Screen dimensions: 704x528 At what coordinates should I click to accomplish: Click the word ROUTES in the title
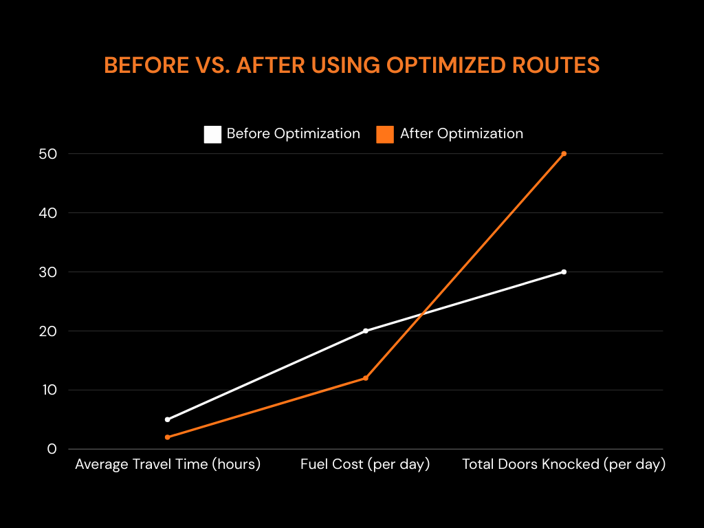(555, 65)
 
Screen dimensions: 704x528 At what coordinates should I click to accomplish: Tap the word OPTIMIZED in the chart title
(445, 65)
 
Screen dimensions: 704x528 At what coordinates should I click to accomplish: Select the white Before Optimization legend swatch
(212, 134)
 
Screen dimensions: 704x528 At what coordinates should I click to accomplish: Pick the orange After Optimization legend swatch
(385, 134)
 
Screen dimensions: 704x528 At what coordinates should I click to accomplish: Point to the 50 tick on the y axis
(48, 154)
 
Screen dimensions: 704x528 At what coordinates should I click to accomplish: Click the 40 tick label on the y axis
(48, 213)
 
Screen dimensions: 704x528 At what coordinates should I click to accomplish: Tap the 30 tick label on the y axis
(48, 272)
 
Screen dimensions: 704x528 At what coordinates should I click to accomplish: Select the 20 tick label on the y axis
(48, 331)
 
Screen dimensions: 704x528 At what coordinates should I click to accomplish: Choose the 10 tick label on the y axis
(49, 390)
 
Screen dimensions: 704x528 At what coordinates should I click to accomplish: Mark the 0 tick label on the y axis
(52, 449)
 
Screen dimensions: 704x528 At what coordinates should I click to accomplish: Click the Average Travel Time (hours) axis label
(168, 464)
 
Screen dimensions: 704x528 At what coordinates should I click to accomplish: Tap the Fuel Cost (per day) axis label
(365, 464)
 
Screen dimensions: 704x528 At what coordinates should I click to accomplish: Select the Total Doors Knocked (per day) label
(564, 464)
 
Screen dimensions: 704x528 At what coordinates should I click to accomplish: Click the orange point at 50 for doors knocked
(564, 153)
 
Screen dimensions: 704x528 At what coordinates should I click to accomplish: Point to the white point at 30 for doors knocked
(564, 272)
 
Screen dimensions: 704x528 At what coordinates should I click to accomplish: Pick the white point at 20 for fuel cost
(366, 331)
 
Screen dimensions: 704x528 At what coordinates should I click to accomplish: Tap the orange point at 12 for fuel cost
(366, 378)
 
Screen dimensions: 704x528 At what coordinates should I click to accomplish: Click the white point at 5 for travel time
(168, 419)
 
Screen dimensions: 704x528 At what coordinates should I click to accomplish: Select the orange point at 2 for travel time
(168, 437)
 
